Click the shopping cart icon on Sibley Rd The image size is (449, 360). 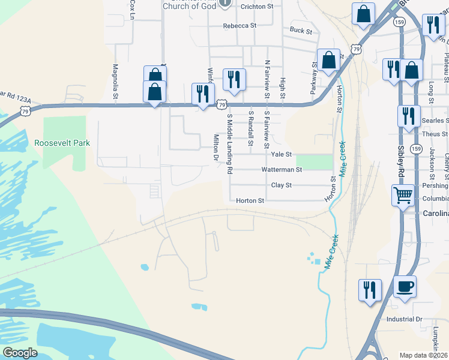402,195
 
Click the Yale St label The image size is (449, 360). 280,154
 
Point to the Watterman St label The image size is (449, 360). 281,170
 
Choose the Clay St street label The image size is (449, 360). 281,185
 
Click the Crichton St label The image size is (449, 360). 256,6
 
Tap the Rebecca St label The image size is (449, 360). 240,26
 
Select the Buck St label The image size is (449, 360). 301,31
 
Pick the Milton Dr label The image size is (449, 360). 216,148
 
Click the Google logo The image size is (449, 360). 19,353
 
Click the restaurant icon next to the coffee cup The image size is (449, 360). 369,289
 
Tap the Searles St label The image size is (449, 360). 435,121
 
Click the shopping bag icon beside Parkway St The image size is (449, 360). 328,59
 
